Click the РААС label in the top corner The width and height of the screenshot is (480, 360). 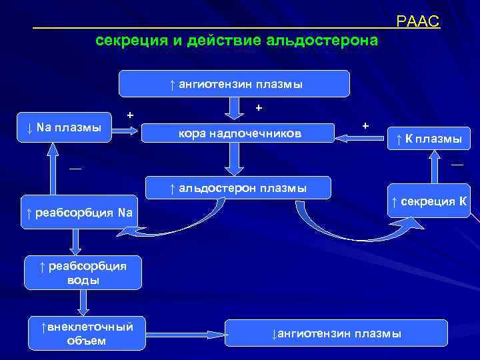418,22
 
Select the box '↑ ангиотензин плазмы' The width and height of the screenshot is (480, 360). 234,84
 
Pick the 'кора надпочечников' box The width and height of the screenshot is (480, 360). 239,133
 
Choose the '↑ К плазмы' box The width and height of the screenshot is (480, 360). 429,139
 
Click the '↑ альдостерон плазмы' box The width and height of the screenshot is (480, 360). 238,188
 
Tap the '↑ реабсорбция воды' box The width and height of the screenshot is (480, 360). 83,273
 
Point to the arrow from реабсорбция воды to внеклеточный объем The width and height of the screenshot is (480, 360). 83,302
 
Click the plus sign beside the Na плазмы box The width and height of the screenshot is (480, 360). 130,115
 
